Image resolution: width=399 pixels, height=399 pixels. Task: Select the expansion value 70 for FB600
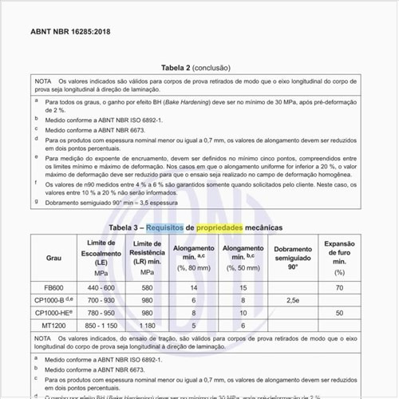[x=339, y=287]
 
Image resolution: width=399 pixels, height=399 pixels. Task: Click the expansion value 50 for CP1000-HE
[x=339, y=313]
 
